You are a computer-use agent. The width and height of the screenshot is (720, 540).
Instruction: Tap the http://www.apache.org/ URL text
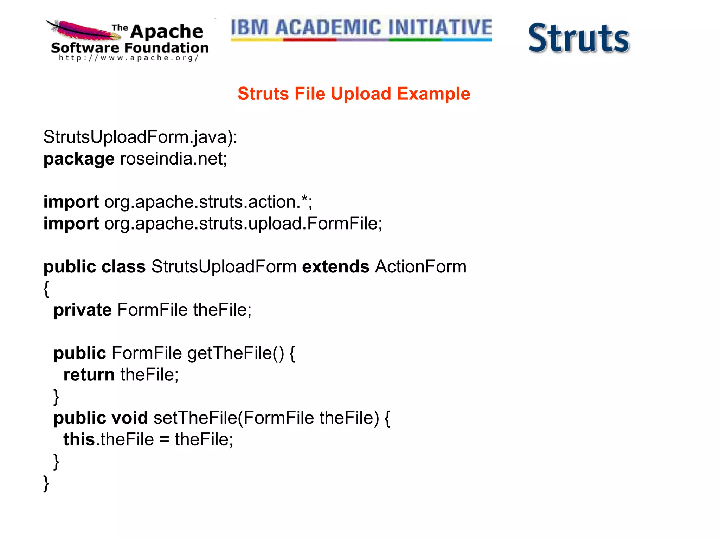(x=129, y=58)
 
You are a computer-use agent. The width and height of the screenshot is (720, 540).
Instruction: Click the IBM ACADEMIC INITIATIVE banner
(x=361, y=28)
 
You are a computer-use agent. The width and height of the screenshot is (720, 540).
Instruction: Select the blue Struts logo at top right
(x=579, y=38)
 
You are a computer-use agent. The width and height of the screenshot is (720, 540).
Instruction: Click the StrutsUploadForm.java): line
(x=140, y=137)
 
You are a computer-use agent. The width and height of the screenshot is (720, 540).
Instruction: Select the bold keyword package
(x=79, y=159)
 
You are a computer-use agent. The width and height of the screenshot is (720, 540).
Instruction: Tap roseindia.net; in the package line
(x=174, y=159)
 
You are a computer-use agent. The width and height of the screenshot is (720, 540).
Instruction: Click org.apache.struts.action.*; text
(x=208, y=202)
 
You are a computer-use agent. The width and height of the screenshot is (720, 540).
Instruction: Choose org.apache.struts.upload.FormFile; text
(x=243, y=224)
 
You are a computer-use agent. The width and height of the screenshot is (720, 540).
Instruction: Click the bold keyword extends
(x=335, y=266)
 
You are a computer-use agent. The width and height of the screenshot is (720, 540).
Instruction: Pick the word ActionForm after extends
(x=420, y=266)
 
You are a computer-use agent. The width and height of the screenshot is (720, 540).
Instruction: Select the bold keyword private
(x=83, y=310)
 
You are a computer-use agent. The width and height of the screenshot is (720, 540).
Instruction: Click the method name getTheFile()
(x=236, y=353)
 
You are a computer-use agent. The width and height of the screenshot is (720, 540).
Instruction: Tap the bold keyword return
(x=89, y=375)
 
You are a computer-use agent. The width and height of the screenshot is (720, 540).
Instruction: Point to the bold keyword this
(x=79, y=439)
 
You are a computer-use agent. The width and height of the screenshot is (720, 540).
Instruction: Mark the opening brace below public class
(x=46, y=289)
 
